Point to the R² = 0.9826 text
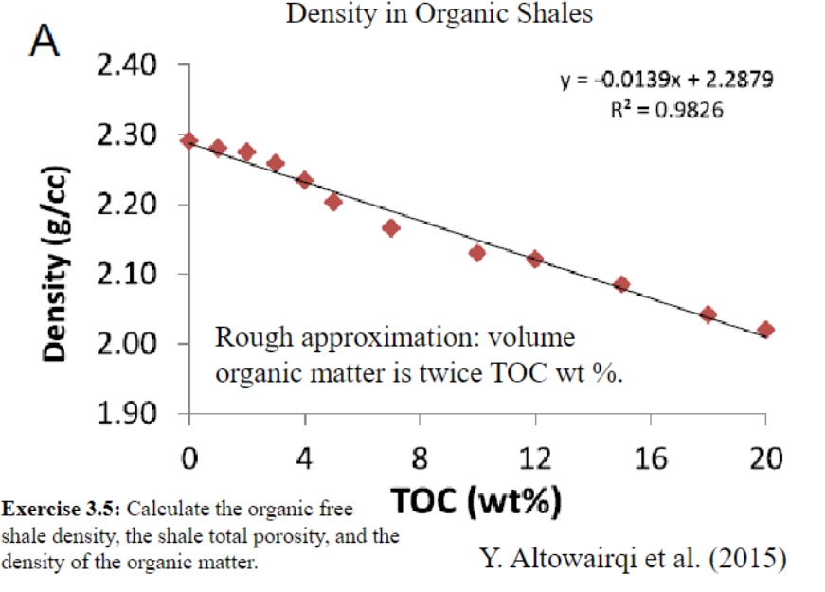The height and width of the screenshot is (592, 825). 667,110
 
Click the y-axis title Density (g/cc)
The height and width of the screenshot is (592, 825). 59,254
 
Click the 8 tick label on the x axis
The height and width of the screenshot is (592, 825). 420,460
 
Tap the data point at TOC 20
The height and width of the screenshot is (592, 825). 766,330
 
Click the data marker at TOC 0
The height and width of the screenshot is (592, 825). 189,140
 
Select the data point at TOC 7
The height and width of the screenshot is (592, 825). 390,227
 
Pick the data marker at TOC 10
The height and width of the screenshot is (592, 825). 477,253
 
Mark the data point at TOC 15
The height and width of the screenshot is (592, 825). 622,283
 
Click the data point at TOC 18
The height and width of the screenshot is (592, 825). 708,314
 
